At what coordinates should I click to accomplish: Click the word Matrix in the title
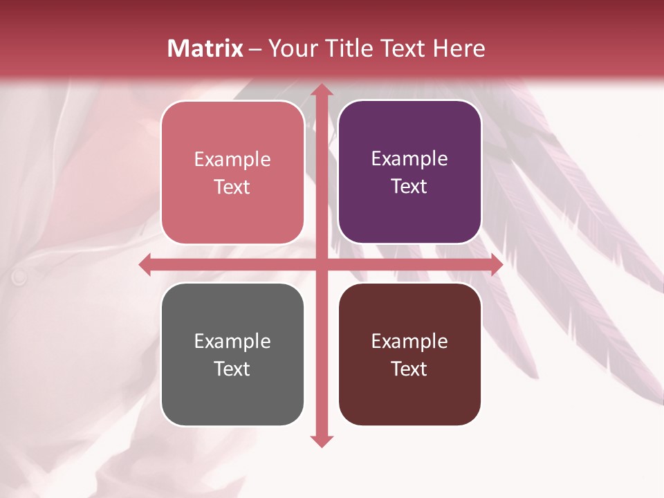click(205, 48)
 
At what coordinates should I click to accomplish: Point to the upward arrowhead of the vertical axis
click(321, 91)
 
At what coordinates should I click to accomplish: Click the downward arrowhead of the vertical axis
click(321, 441)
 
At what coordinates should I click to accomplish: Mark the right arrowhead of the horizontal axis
click(496, 265)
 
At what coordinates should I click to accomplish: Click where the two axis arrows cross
click(321, 265)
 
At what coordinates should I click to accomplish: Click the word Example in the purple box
click(409, 158)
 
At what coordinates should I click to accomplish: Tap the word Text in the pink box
click(232, 187)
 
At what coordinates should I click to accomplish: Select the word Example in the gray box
click(232, 341)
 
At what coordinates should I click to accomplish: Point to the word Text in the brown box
click(409, 369)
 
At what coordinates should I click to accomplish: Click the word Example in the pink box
click(232, 159)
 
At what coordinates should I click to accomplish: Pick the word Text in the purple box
click(409, 186)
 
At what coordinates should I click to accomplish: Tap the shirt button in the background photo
click(19, 277)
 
